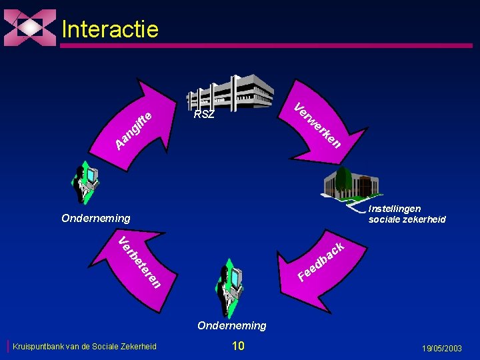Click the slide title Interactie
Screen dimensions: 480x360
(x=110, y=29)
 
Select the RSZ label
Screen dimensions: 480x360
(x=204, y=115)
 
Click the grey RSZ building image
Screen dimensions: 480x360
(x=230, y=93)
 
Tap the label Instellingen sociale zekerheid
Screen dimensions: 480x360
(x=407, y=214)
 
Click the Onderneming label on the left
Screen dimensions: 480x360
(x=96, y=218)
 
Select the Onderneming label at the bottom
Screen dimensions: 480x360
(x=231, y=325)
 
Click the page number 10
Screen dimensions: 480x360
(x=238, y=345)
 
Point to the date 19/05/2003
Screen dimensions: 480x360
(x=441, y=348)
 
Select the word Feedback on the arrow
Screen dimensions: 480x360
(x=321, y=261)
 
